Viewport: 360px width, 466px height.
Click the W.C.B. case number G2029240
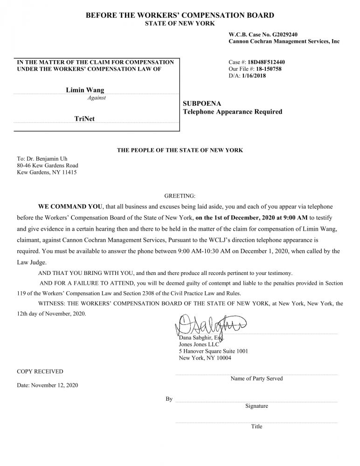tap(283, 34)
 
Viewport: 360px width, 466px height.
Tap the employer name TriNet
tap(84, 119)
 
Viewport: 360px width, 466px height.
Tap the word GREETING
tap(180, 195)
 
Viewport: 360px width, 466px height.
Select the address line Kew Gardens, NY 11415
tap(47, 172)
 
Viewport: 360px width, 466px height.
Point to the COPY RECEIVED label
tap(40, 371)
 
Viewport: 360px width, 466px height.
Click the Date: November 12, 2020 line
tap(48, 385)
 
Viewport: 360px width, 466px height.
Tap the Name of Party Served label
tap(256, 378)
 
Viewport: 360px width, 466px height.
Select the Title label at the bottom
tap(256, 426)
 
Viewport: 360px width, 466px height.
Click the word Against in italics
tap(97, 98)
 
